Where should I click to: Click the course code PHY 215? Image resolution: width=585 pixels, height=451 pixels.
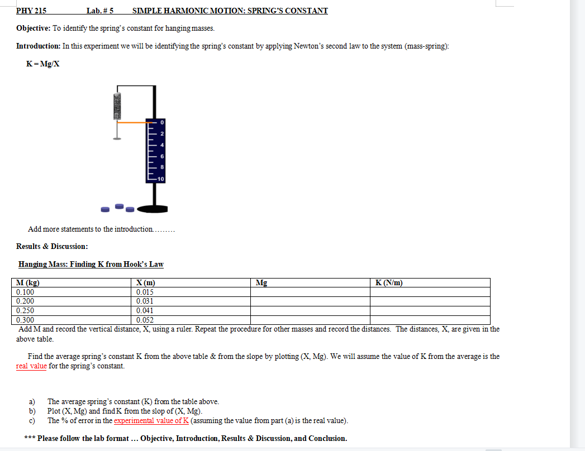pyautogui.click(x=31, y=11)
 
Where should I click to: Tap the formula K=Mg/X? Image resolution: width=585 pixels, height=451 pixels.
pyautogui.click(x=43, y=64)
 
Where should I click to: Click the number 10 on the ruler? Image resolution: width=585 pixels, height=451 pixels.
pyautogui.click(x=161, y=179)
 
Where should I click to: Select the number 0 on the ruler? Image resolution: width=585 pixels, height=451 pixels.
pyautogui.click(x=162, y=122)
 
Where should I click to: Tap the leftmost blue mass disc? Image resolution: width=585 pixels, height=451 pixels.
pyautogui.click(x=105, y=210)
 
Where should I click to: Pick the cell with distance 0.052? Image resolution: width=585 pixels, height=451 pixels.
pyautogui.click(x=145, y=320)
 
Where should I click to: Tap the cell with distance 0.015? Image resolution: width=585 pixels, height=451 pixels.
pyautogui.click(x=145, y=292)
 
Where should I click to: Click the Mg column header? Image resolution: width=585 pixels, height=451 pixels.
pyautogui.click(x=261, y=283)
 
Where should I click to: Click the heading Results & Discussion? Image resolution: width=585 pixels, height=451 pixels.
pyautogui.click(x=52, y=246)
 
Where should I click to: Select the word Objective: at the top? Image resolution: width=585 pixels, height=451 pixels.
pyautogui.click(x=34, y=28)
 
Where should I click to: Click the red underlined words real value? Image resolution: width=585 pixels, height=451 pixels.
pyautogui.click(x=31, y=366)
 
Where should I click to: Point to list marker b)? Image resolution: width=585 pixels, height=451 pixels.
pyautogui.click(x=32, y=411)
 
